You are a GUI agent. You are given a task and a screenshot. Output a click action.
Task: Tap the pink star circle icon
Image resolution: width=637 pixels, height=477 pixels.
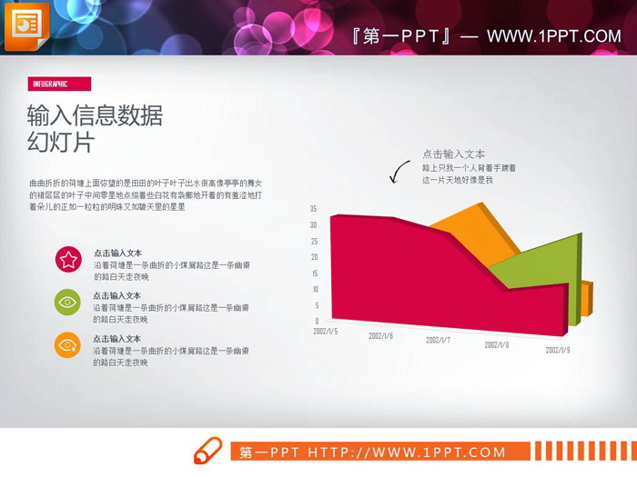coord(68,260)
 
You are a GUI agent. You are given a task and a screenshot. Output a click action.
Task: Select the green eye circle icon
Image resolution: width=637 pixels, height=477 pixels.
coord(68,303)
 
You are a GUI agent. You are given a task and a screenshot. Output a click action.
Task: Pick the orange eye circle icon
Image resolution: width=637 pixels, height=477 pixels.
coord(68,345)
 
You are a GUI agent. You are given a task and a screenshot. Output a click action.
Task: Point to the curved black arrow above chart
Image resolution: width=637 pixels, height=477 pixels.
coord(399,171)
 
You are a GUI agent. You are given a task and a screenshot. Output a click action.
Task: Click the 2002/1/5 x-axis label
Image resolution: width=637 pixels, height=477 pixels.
coord(326,332)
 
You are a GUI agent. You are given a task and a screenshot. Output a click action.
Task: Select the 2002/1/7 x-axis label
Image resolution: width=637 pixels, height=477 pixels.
coord(438,340)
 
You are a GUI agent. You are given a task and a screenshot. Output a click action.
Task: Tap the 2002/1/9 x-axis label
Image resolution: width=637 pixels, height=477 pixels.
coord(558,349)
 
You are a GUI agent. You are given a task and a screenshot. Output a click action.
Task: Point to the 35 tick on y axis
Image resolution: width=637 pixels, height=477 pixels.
coord(313,208)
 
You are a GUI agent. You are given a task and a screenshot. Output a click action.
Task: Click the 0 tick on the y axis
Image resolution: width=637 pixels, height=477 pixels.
coord(317,321)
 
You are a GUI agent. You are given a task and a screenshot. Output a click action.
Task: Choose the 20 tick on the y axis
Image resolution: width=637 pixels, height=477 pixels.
coord(313,257)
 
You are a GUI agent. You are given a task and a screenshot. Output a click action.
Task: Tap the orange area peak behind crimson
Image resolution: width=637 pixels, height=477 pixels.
coord(473,227)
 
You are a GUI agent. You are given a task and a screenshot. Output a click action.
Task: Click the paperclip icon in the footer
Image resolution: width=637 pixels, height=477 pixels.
coord(207,451)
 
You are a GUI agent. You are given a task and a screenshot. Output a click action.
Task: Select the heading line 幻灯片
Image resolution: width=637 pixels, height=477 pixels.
coord(61,143)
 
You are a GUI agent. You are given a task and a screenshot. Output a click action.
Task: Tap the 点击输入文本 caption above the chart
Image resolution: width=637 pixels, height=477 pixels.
coord(453,154)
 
